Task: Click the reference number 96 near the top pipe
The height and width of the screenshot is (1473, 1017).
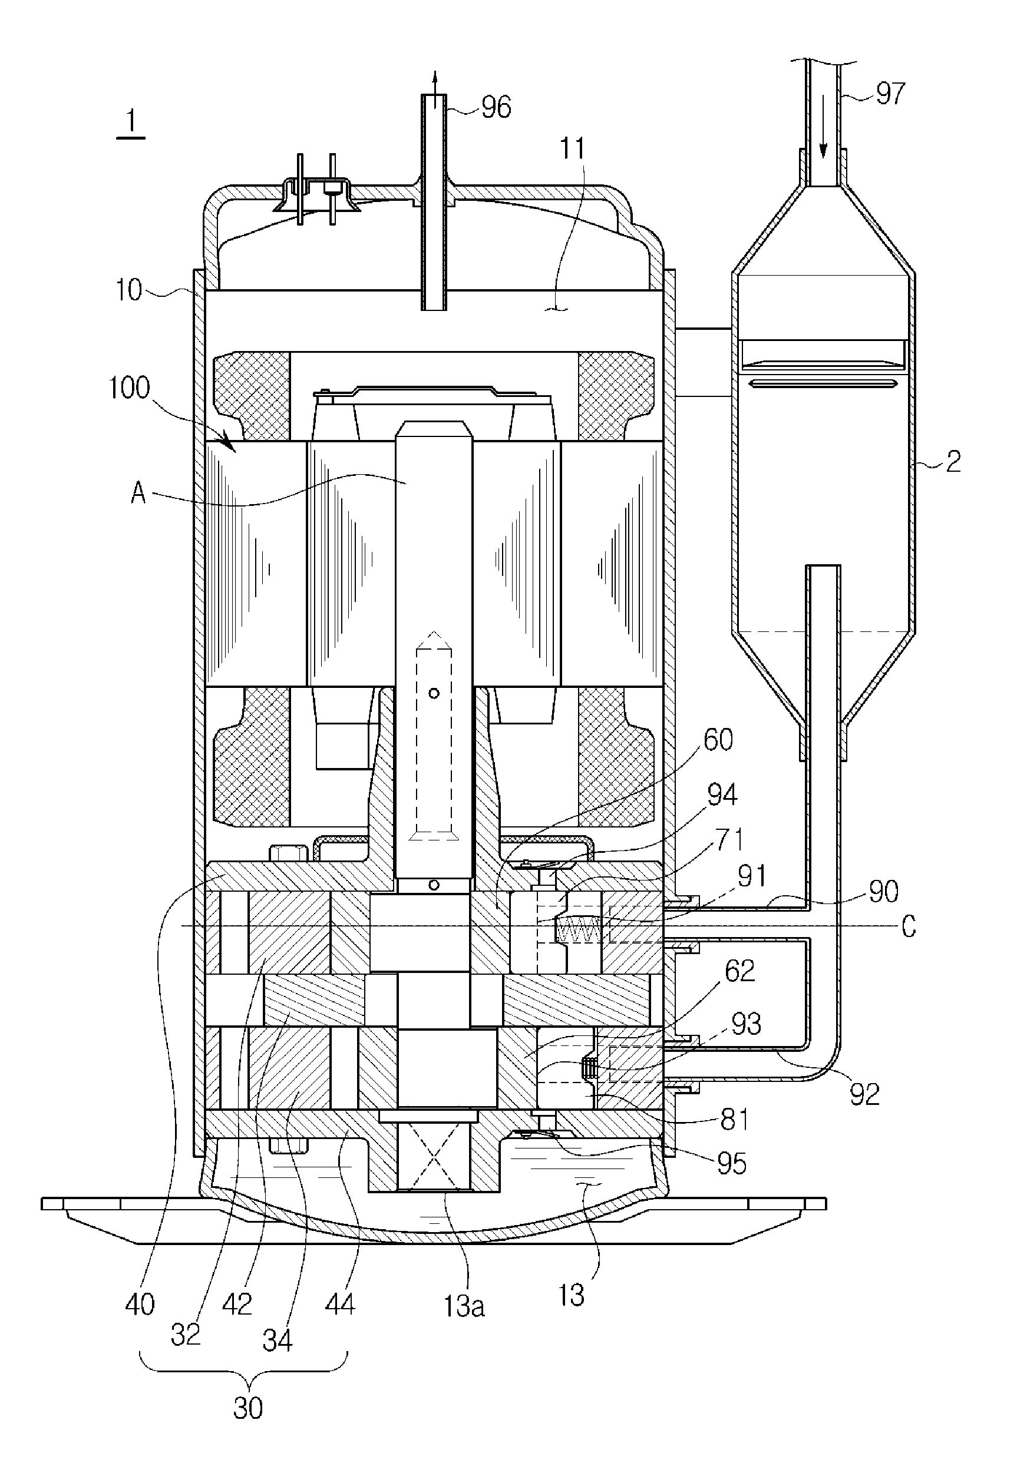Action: click(496, 107)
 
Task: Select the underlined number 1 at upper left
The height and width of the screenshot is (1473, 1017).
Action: click(131, 121)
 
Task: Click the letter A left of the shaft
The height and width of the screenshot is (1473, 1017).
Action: click(138, 494)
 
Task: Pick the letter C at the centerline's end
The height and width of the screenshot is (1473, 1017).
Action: click(909, 927)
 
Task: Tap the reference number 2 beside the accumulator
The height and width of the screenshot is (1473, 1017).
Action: click(953, 461)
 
